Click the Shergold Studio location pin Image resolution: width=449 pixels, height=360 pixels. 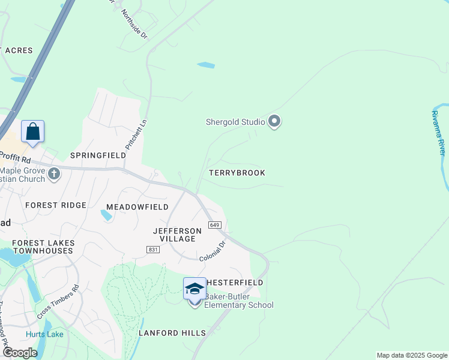(274, 122)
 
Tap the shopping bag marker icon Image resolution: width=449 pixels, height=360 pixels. (32, 131)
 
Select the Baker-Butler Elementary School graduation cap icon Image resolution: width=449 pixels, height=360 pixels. (194, 290)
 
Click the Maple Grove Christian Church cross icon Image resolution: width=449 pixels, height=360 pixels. (54, 174)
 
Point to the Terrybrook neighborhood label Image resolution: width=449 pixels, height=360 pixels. (237, 173)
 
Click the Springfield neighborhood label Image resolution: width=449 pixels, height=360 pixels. (98, 155)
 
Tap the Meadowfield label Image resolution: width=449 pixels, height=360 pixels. (137, 207)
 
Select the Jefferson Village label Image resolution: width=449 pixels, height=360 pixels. (178, 235)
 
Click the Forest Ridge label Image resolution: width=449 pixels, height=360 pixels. (56, 205)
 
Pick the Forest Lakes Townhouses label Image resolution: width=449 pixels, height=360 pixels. (44, 247)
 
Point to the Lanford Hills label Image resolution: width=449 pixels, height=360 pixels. (172, 333)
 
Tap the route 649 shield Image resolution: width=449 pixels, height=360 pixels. (214, 224)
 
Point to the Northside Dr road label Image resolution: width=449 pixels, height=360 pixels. (134, 24)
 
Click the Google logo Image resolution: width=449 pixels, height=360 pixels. (19, 353)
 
